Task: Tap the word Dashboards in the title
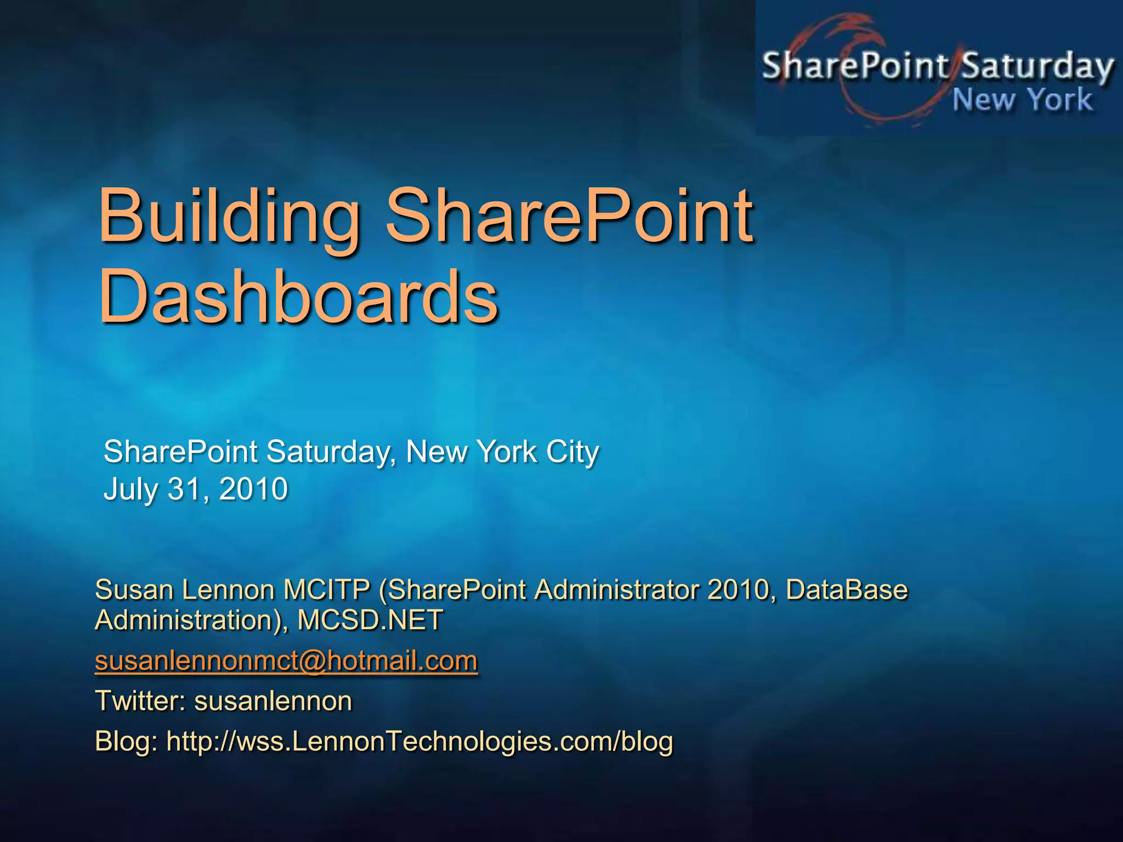(298, 299)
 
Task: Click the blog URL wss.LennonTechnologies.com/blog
(419, 742)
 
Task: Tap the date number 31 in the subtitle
(184, 488)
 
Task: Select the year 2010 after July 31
(253, 488)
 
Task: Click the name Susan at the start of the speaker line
(134, 590)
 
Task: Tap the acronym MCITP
(326, 590)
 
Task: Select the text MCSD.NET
(370, 621)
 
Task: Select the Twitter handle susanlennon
(273, 701)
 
